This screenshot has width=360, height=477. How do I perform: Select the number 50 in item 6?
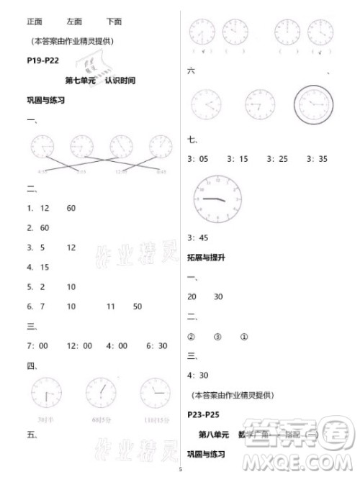(137, 306)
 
